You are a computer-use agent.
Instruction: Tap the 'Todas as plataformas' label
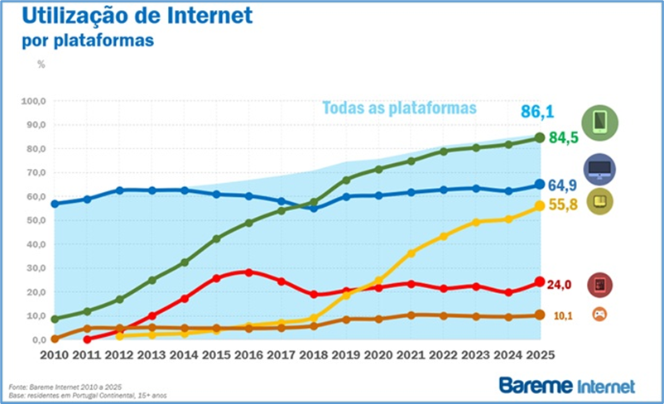(x=399, y=108)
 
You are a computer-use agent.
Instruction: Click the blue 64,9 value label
(x=563, y=184)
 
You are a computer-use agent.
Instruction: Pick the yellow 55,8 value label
(x=562, y=204)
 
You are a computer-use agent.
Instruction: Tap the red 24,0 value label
(x=561, y=283)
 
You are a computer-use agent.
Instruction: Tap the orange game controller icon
(x=599, y=315)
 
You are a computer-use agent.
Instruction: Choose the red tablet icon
(x=599, y=285)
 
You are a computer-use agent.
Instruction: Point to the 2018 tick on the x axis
(x=313, y=353)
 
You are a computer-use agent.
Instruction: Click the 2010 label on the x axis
(x=55, y=353)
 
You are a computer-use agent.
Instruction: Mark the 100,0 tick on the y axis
(x=31, y=102)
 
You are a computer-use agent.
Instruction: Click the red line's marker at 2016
(x=248, y=272)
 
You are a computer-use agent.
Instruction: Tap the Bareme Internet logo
(x=566, y=385)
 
